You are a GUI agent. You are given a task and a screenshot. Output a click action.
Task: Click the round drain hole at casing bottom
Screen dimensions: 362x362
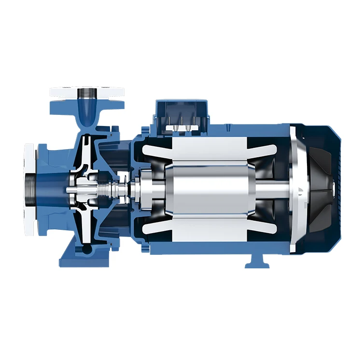point(86,249)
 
